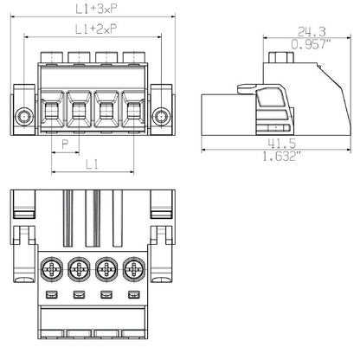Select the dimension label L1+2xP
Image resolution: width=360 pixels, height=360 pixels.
click(x=95, y=29)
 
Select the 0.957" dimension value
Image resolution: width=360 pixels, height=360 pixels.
click(x=300, y=44)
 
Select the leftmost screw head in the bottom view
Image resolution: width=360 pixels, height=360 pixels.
click(x=52, y=270)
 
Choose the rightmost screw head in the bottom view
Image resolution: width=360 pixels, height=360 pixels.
click(x=134, y=270)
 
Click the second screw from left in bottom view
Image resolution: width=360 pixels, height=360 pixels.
click(x=80, y=270)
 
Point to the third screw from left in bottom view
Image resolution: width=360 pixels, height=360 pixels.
click(x=107, y=270)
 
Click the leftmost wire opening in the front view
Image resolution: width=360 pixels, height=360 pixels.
click(x=50, y=111)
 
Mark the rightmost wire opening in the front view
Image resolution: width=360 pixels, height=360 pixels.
click(x=133, y=111)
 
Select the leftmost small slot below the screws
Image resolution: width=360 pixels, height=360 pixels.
click(x=52, y=297)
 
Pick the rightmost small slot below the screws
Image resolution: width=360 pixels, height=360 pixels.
click(x=134, y=297)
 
